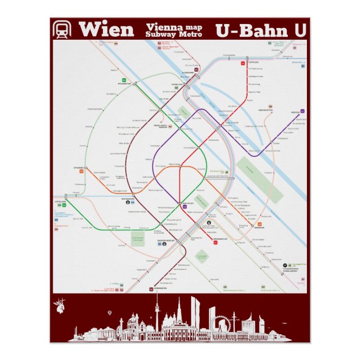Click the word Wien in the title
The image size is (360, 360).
click(106, 30)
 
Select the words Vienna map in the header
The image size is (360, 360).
click(174, 26)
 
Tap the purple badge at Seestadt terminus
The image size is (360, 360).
click(302, 111)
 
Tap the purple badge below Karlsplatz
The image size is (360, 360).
click(184, 207)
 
